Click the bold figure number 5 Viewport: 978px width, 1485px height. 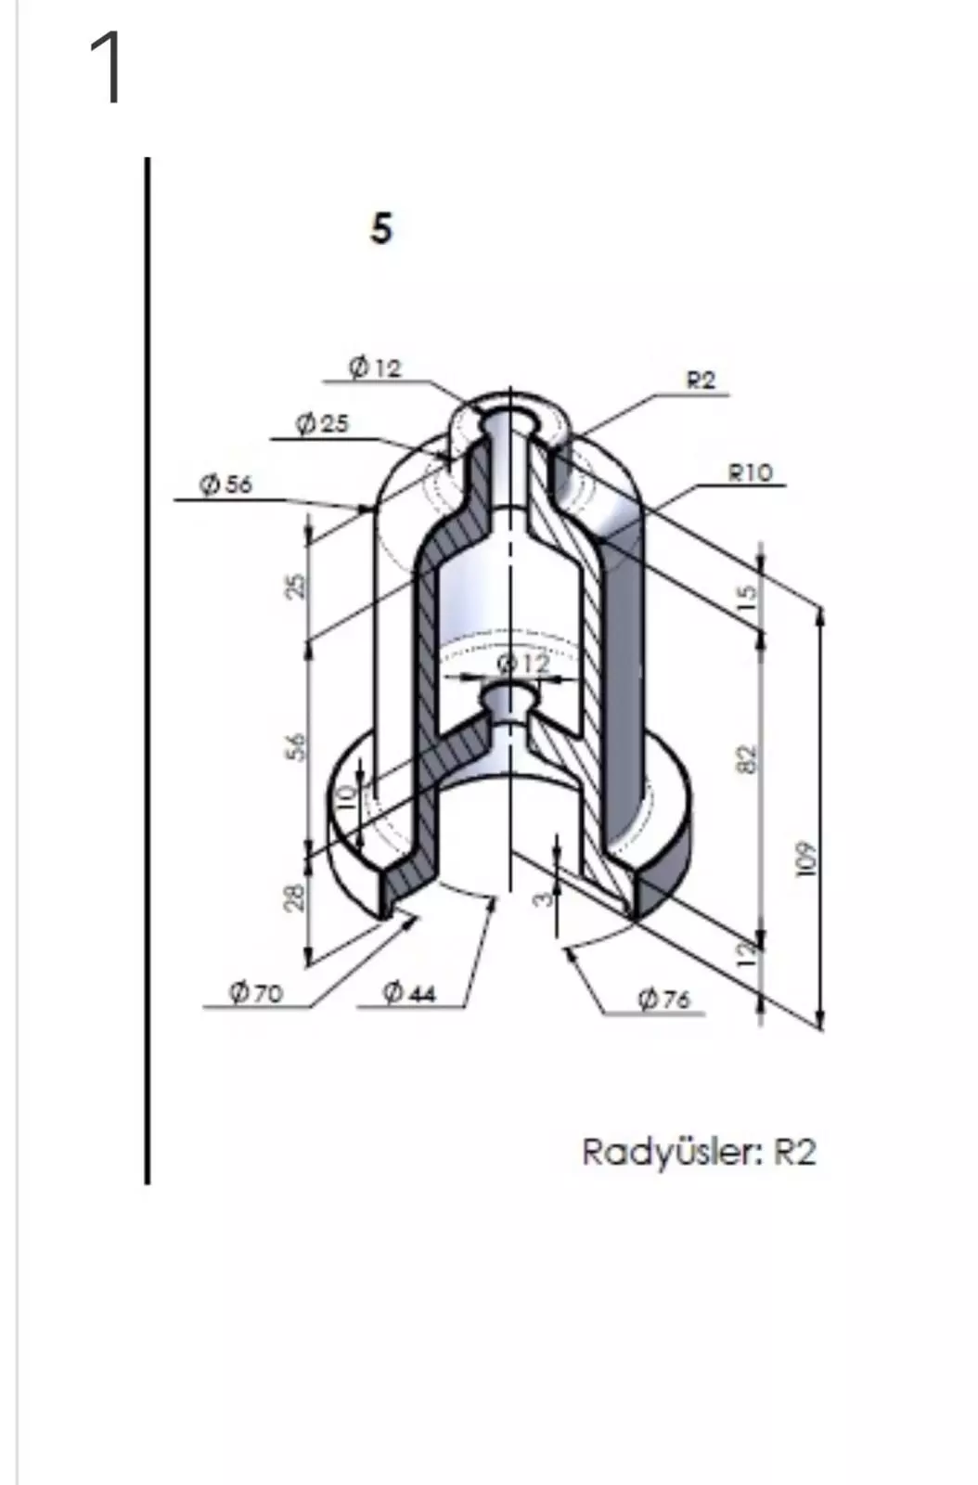[381, 228]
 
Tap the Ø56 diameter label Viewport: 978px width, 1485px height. [225, 484]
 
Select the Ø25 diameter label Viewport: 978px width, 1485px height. [322, 423]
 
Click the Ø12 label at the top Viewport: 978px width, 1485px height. [376, 368]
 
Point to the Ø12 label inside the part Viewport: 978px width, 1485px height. [523, 664]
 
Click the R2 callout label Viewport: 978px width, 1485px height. [701, 380]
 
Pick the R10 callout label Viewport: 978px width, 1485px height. [750, 472]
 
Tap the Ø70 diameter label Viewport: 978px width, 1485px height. [256, 993]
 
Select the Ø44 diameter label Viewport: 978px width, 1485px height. [409, 993]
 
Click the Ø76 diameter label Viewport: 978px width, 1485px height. [663, 999]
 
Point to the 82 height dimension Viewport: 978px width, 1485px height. [749, 758]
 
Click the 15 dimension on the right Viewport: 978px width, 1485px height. [749, 590]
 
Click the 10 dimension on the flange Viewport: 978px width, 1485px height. [346, 796]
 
